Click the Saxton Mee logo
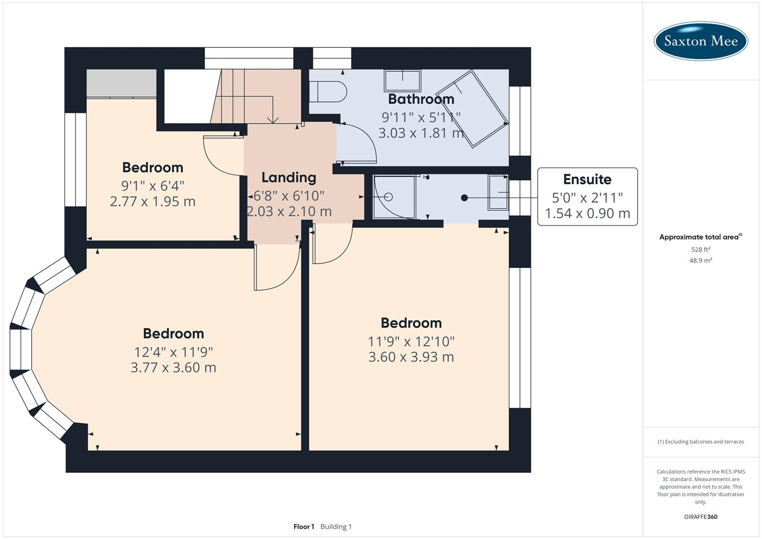click(701, 41)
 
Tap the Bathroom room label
click(421, 99)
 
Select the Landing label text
click(289, 177)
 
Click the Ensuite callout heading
click(587, 179)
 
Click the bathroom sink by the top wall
click(402, 81)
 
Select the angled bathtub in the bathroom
click(472, 109)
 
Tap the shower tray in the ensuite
click(394, 197)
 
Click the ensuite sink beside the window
click(498, 192)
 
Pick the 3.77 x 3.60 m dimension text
click(174, 367)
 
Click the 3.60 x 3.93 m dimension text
click(411, 357)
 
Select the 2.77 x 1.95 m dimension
click(153, 202)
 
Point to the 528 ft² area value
click(701, 250)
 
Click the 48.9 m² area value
click(701, 261)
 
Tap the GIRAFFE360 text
click(701, 517)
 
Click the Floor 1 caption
click(304, 527)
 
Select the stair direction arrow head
click(273, 120)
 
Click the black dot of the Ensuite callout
click(465, 198)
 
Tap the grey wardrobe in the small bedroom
click(121, 84)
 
